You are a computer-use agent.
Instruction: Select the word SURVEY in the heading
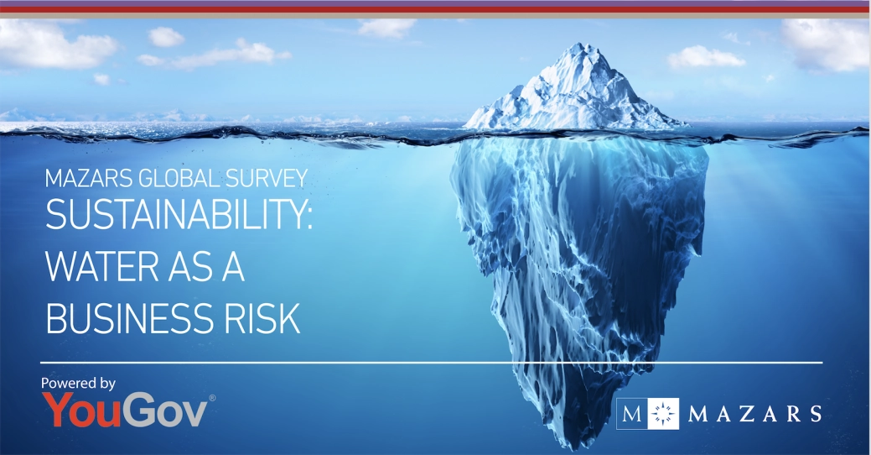pyautogui.click(x=268, y=178)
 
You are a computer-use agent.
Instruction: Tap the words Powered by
pyautogui.click(x=78, y=383)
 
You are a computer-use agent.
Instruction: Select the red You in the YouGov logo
pyautogui.click(x=83, y=411)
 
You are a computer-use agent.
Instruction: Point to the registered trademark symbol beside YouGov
pyautogui.click(x=212, y=397)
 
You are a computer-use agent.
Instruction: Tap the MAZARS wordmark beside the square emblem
pyautogui.click(x=754, y=413)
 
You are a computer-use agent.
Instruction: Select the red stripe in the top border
pyautogui.click(x=435, y=10)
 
